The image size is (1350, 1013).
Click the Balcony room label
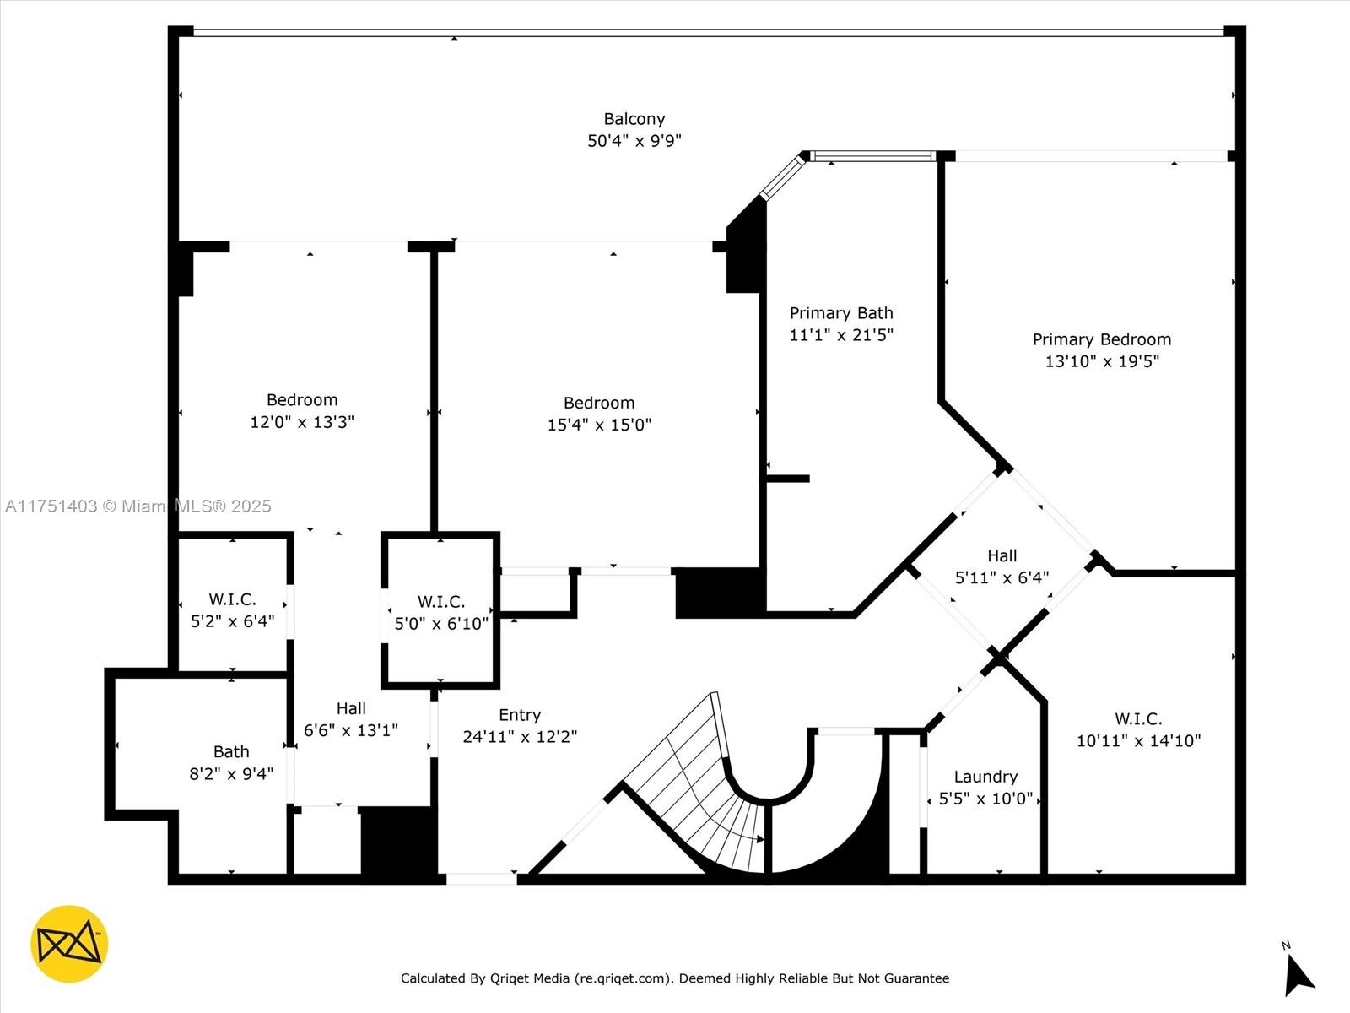[634, 119]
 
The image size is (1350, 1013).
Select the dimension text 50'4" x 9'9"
[634, 141]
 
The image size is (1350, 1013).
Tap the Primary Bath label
[840, 313]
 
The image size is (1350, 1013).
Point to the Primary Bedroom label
[1101, 339]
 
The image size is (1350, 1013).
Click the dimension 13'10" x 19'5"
[1101, 361]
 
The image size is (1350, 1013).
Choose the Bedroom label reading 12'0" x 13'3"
[301, 400]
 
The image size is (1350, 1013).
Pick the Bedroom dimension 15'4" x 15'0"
[599, 425]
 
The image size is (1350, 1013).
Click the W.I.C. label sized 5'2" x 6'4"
[232, 599]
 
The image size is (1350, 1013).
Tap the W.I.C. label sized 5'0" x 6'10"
[440, 602]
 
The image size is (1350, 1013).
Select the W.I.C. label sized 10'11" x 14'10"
[1137, 719]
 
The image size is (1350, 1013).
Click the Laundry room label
[985, 777]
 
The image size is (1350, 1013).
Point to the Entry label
[519, 715]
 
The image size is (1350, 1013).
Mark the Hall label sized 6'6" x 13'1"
[351, 708]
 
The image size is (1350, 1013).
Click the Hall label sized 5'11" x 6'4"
[1002, 555]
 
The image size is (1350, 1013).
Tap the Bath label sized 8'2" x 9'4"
[230, 751]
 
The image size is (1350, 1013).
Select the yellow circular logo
[69, 944]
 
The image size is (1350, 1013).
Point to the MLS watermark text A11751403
[51, 506]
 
